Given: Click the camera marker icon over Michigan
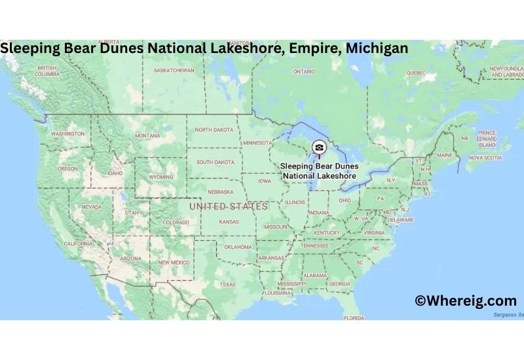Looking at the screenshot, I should (318, 147).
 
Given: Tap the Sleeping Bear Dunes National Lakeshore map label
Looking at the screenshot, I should (318, 171).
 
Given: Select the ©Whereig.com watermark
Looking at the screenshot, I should (466, 300).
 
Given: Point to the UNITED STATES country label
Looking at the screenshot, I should (229, 206).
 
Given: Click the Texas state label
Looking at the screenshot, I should (227, 285).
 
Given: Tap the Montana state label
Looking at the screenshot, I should (147, 135).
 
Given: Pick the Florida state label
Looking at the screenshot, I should (354, 318).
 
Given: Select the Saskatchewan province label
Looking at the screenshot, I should (174, 70).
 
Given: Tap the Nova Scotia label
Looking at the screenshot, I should (485, 158).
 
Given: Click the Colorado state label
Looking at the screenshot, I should (176, 222).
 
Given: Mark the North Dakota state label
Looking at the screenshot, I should (214, 130).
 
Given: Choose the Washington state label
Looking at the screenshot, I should (67, 134).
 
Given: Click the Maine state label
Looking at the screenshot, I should (445, 155).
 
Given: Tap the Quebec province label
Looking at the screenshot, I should (415, 73).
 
